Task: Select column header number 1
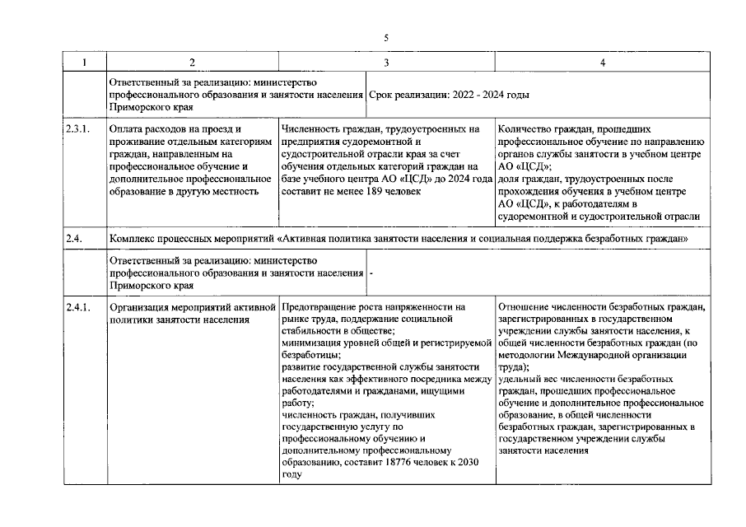85,63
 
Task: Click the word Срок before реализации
383,95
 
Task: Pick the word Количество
527,129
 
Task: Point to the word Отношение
527,307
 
